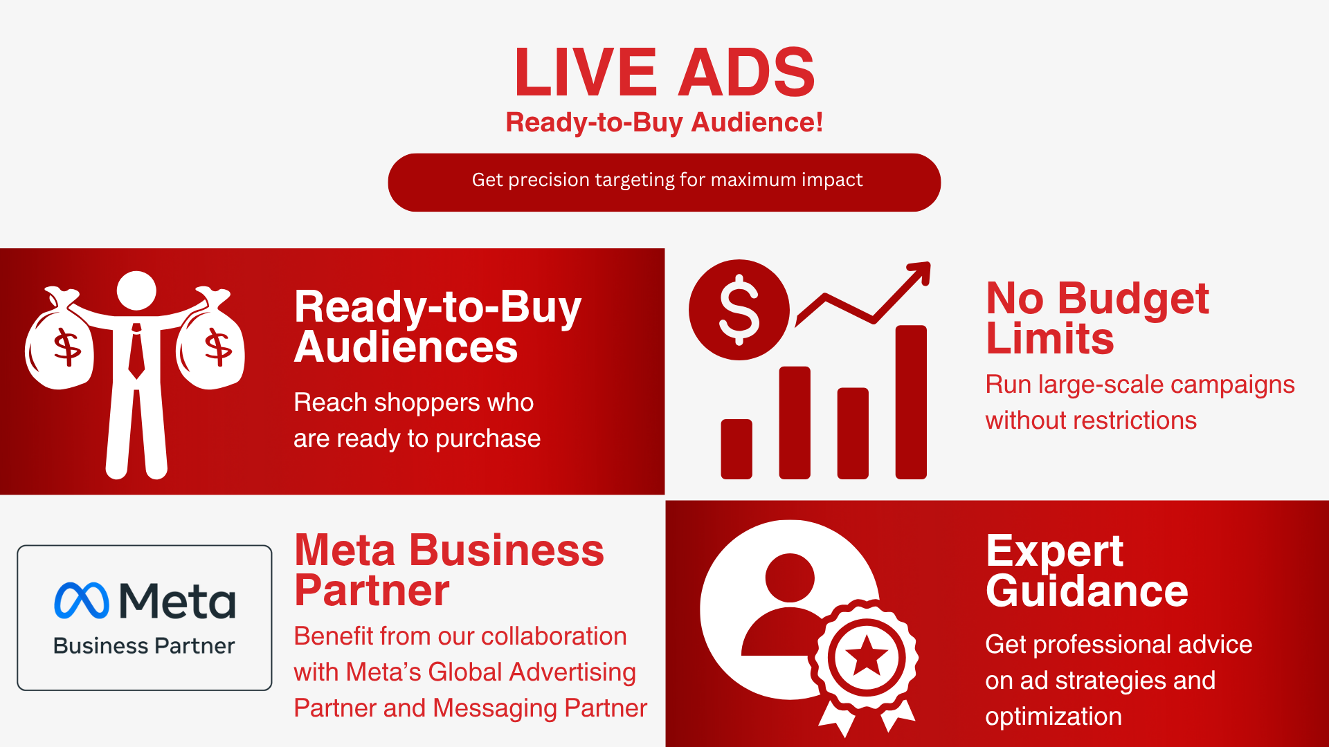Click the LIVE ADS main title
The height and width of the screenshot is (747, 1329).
click(x=664, y=72)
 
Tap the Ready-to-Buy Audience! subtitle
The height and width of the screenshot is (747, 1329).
click(x=664, y=122)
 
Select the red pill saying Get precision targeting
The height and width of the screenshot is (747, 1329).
click(x=664, y=182)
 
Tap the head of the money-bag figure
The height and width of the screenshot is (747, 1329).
click(x=136, y=290)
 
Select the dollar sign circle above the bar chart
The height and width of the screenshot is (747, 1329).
click(x=739, y=310)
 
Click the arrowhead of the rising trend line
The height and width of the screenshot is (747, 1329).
click(x=921, y=270)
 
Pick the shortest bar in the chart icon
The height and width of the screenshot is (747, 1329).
click(x=736, y=449)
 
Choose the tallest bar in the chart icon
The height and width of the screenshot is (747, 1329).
click(x=910, y=402)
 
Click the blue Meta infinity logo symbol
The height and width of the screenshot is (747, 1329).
click(x=82, y=600)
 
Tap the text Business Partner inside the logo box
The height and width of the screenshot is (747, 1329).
click(x=144, y=646)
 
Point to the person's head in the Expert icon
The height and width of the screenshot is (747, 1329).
click(x=790, y=578)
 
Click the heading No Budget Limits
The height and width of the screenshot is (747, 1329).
click(x=1097, y=318)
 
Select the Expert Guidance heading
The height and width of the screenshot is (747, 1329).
click(x=1087, y=571)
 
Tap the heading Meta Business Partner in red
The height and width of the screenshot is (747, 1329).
click(x=449, y=570)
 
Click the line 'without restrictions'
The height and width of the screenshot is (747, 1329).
click(x=1091, y=421)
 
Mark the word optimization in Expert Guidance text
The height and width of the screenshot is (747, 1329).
click(x=1054, y=717)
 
